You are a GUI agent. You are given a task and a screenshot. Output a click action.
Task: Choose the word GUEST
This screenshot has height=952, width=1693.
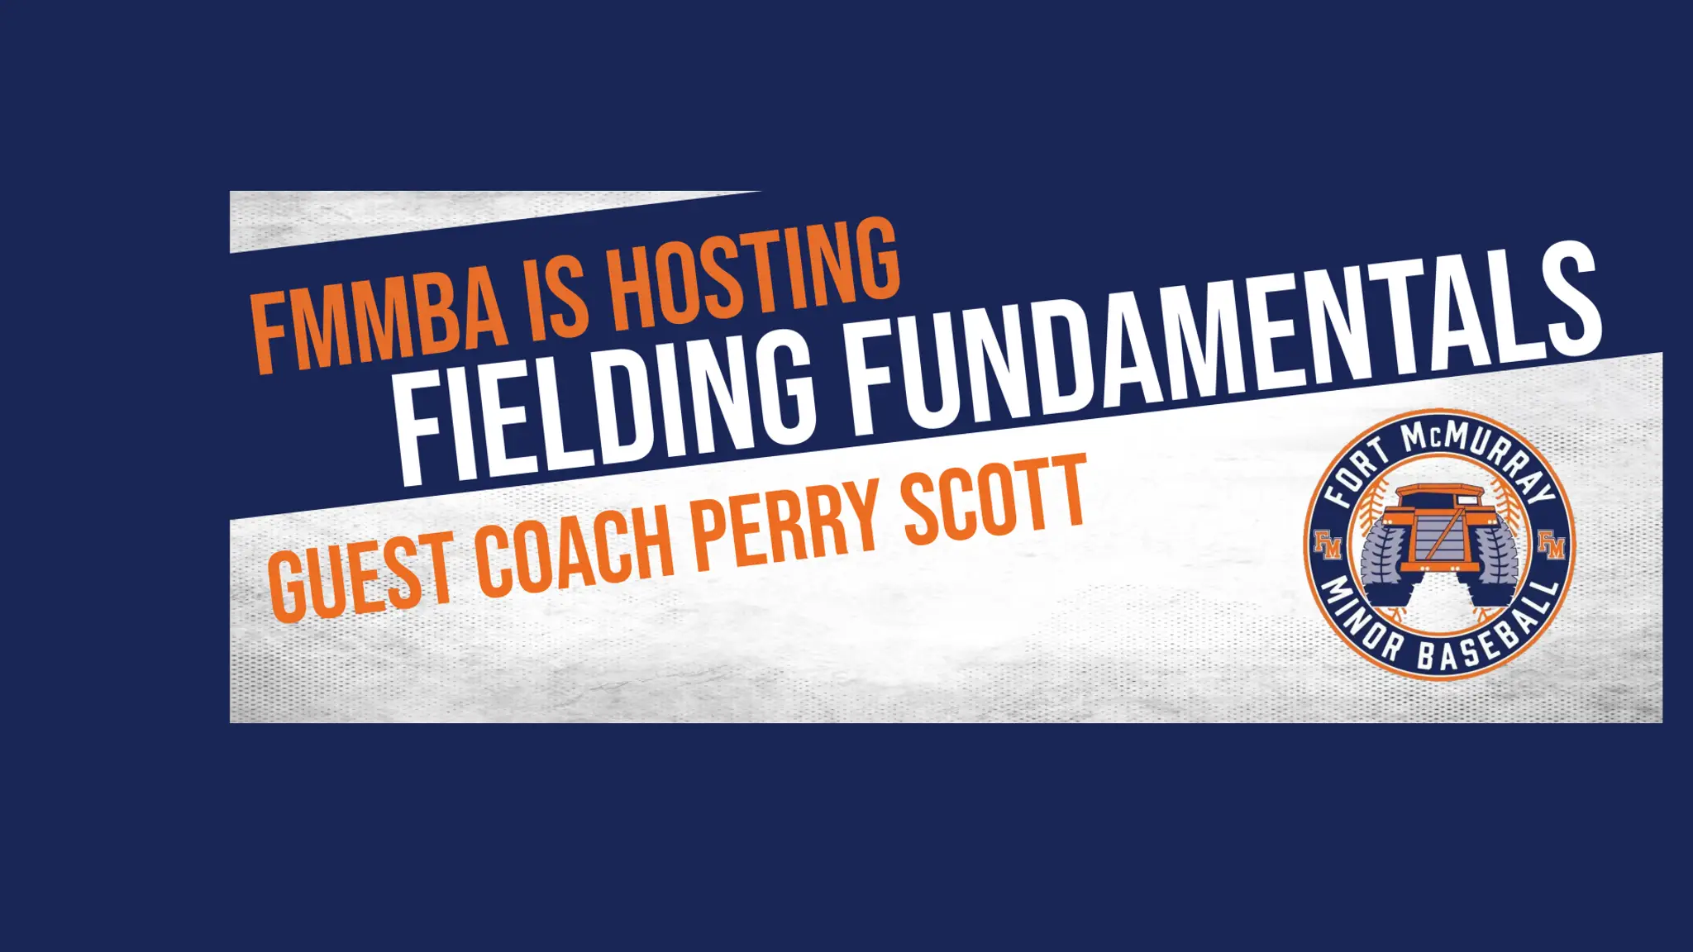click(x=360, y=575)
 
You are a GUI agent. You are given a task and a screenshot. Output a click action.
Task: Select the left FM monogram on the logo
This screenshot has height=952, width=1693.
click(x=1328, y=545)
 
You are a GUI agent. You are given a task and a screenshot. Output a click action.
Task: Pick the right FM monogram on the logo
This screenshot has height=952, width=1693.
click(x=1552, y=545)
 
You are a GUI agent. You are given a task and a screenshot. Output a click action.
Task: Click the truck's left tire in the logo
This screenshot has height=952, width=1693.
click(x=1382, y=554)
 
